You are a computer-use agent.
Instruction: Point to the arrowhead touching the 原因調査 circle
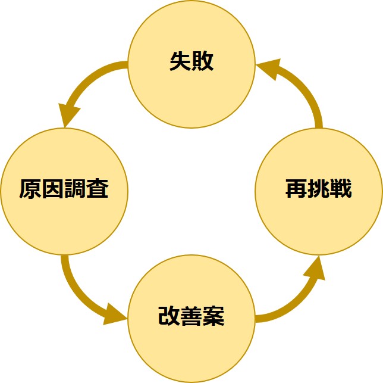click(68, 114)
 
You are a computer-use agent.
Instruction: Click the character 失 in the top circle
click(180, 63)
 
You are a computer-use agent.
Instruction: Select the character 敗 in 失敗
click(203, 63)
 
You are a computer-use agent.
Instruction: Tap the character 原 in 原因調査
click(30, 191)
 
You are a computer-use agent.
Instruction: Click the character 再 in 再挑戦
click(296, 189)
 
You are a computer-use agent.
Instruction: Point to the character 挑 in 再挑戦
click(319, 189)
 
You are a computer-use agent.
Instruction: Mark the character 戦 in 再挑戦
click(341, 189)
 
